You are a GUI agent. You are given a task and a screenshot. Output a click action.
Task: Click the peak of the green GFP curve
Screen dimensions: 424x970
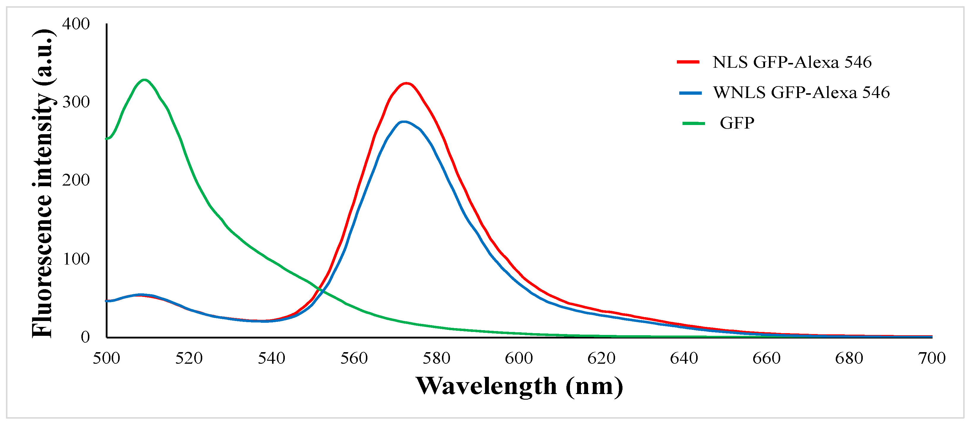145,80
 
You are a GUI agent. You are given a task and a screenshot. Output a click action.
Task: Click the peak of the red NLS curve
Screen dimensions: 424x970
406,83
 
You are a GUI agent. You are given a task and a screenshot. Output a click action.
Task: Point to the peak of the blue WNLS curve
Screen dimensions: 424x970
404,122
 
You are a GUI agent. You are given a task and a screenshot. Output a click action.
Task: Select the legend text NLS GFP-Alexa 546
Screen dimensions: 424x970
792,62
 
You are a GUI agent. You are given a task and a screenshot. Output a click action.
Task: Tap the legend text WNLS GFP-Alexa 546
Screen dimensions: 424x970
801,92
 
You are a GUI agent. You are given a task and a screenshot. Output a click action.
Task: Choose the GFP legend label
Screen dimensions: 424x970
737,123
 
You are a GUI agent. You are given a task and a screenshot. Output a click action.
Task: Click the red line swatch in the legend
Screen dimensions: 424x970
688,62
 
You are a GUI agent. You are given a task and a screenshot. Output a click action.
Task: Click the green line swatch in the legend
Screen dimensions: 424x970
693,123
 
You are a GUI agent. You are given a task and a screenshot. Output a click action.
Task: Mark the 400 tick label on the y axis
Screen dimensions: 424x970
76,24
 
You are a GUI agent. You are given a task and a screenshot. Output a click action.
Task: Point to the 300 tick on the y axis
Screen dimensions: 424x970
76,102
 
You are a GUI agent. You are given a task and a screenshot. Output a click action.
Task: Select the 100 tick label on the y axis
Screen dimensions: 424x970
76,259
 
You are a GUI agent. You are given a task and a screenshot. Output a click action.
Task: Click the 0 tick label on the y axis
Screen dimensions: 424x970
85,337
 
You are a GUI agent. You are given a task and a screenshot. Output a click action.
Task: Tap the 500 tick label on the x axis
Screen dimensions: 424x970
107,358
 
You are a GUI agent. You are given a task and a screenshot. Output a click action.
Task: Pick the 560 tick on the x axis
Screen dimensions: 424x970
354,358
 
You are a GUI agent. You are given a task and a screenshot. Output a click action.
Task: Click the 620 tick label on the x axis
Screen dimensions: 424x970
601,358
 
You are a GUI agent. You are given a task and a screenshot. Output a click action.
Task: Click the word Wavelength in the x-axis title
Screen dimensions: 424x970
486,386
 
